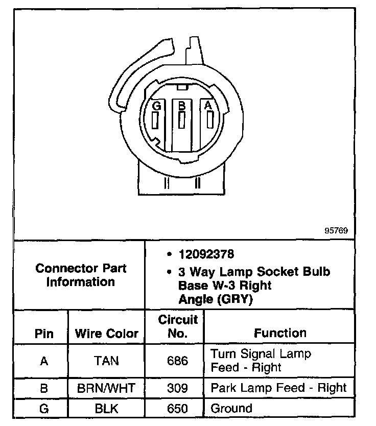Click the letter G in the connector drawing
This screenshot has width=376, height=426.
point(157,106)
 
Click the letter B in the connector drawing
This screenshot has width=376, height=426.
point(181,106)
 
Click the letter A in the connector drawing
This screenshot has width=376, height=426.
point(207,105)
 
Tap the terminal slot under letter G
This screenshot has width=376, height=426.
point(155,121)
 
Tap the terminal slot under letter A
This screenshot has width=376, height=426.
point(209,120)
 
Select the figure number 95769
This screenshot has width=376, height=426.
point(336,230)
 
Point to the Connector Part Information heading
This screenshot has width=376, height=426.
point(81,275)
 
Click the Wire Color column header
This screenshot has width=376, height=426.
point(107,334)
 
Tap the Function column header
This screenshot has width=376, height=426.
point(280,333)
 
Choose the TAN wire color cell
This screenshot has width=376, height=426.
point(106,361)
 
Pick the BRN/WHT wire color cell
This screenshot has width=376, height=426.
point(106,388)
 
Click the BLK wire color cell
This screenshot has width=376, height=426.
point(106,409)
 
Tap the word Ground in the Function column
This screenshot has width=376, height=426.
point(231,408)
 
